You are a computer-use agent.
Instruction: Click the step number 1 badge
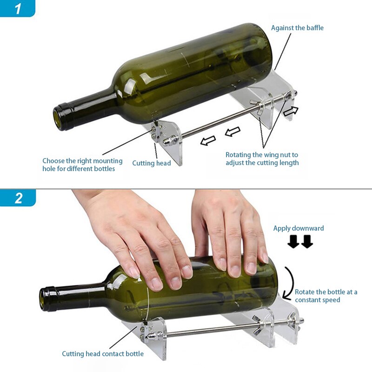(18, 8)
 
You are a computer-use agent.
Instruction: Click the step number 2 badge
(18, 198)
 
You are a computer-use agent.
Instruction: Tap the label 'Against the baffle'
(297, 28)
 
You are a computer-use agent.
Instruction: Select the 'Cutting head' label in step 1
(152, 163)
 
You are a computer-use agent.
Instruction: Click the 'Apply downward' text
(299, 228)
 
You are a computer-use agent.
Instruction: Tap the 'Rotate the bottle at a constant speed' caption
(325, 296)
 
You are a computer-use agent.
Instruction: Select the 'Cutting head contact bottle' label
(103, 354)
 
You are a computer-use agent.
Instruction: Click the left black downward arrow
(293, 242)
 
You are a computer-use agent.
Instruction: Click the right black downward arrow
(307, 242)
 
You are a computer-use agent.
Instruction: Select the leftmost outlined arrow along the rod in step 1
(208, 140)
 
